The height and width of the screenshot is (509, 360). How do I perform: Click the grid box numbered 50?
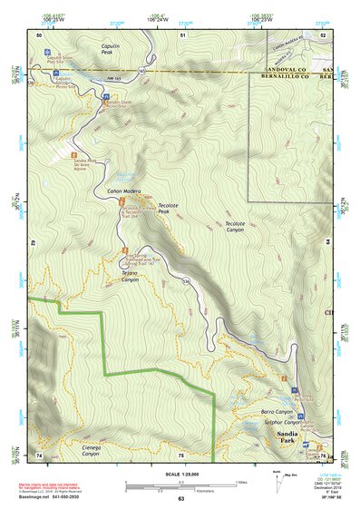click(39, 34)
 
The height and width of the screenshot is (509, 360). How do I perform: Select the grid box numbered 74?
click(39, 455)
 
